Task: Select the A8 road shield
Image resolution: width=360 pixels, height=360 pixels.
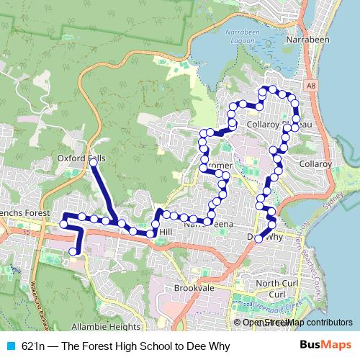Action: click(x=310, y=86)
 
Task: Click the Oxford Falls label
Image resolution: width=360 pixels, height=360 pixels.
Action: click(x=81, y=158)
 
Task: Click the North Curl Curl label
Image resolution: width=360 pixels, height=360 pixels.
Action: click(x=276, y=289)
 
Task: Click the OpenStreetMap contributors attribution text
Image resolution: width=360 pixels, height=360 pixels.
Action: click(x=297, y=323)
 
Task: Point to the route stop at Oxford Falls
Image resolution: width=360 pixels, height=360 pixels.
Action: click(x=94, y=163)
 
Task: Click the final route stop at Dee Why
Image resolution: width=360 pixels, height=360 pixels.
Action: click(x=258, y=238)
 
